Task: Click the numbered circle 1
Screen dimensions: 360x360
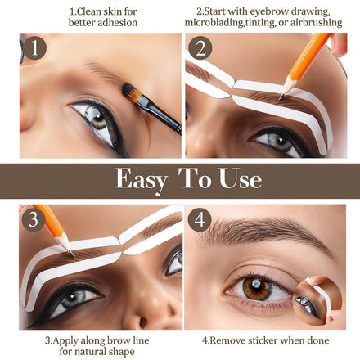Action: click(34, 48)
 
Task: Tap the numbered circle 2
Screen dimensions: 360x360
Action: click(200, 48)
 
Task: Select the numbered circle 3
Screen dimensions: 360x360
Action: click(34, 219)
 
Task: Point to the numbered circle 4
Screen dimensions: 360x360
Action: click(200, 220)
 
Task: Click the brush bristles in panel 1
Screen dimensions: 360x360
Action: click(130, 92)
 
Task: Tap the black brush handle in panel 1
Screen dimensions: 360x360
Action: click(160, 115)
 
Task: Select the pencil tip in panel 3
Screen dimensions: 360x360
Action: click(73, 255)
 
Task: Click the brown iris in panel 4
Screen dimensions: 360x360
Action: click(256, 288)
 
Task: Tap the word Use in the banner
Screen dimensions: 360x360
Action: click(241, 178)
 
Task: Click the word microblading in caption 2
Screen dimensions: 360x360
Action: click(214, 22)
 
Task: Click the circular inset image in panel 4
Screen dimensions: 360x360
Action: click(317, 300)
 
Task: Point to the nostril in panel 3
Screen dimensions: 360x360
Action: click(142, 322)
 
